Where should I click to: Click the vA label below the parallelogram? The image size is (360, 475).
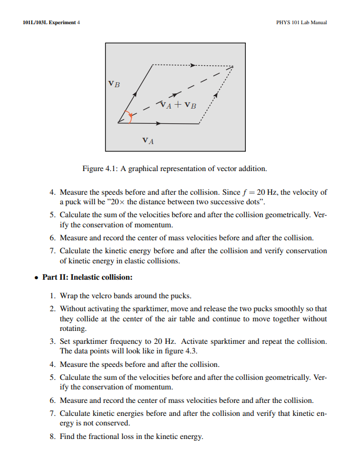click(x=148, y=140)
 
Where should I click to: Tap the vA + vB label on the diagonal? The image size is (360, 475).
click(x=178, y=105)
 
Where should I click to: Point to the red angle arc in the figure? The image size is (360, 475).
click(x=130, y=117)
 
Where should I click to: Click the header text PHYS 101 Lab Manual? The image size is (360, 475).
click(x=302, y=23)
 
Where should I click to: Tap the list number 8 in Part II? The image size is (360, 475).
click(x=52, y=437)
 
